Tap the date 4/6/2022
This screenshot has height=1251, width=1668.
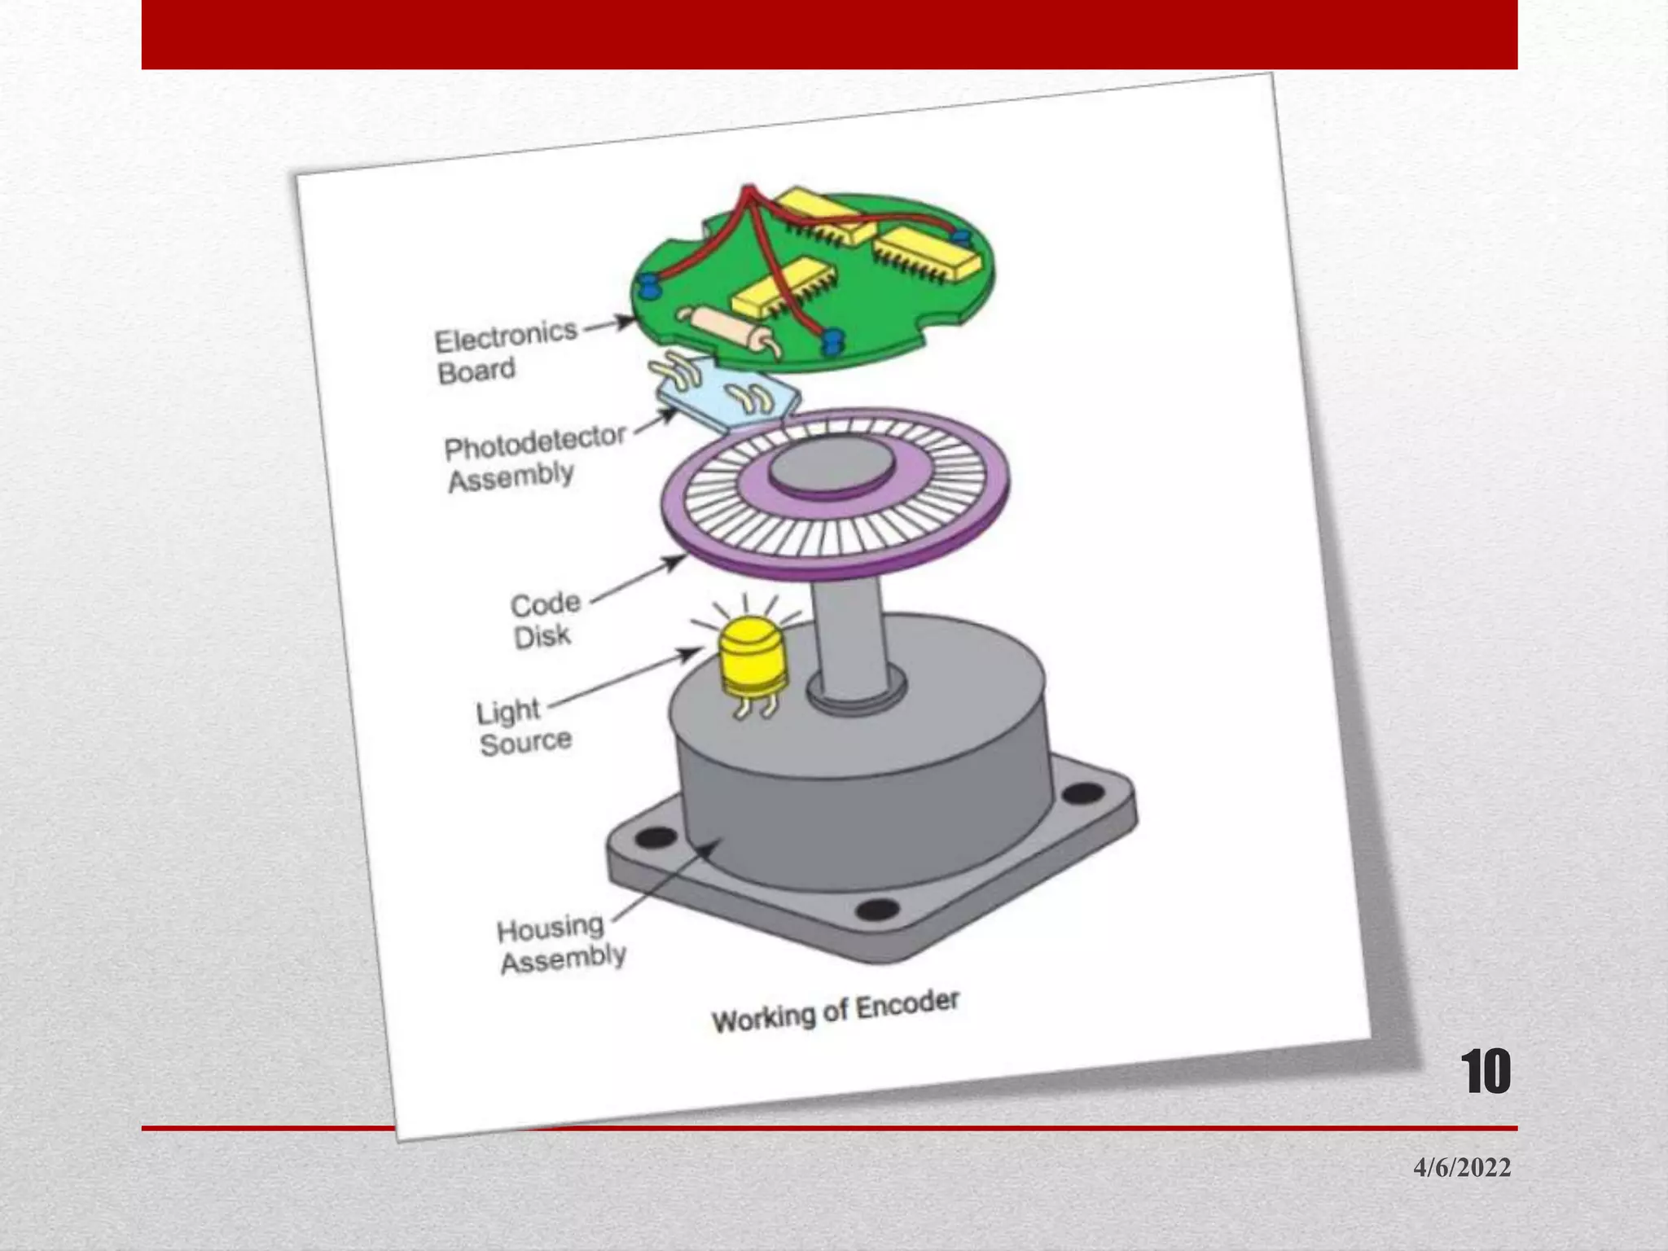[1462, 1167]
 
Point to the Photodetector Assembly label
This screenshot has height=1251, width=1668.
[533, 458]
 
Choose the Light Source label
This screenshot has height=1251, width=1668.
[523, 726]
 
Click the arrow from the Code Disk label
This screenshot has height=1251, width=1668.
[639, 578]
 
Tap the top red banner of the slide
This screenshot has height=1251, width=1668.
[829, 34]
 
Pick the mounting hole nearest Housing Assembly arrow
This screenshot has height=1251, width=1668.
[656, 836]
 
